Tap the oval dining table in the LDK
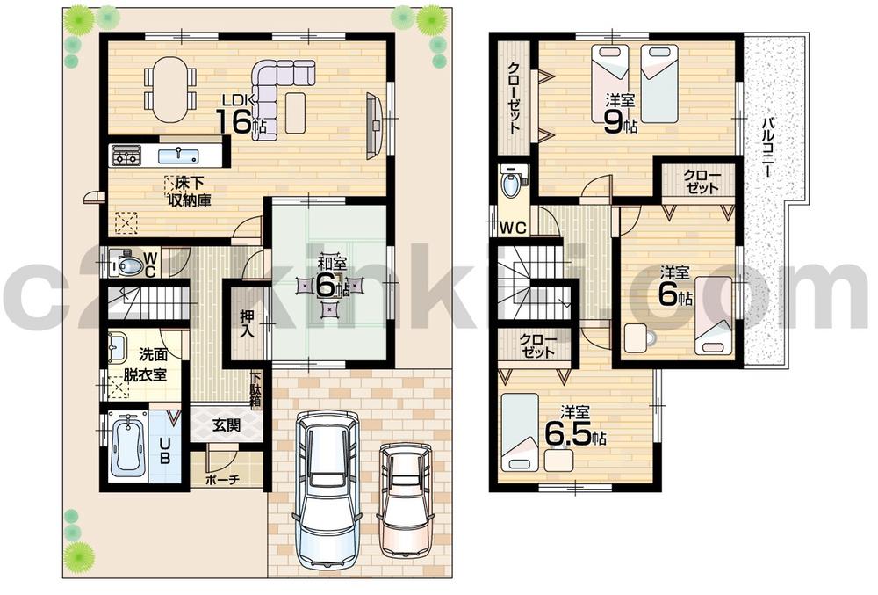tap(170, 90)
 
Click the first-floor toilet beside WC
tap(129, 265)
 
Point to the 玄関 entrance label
tap(227, 425)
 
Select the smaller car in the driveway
tap(406, 497)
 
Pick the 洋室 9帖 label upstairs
tap(622, 112)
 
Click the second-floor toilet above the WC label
tap(510, 185)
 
